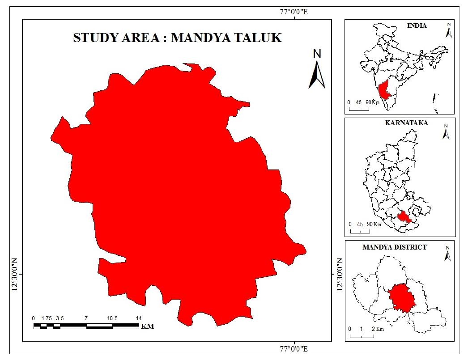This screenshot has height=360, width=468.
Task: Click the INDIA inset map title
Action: (x=417, y=25)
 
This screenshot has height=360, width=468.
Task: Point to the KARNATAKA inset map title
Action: (x=406, y=123)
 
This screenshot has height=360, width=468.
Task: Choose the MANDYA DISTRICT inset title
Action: (x=394, y=246)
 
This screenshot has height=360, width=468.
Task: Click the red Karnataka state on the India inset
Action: (x=384, y=91)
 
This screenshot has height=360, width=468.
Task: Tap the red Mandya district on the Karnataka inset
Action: (x=404, y=217)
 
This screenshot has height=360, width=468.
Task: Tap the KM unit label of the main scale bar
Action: (x=147, y=326)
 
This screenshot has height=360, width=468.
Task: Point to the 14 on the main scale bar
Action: (x=139, y=318)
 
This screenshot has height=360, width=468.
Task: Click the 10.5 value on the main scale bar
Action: (x=112, y=318)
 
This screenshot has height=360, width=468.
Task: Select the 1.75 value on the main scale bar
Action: (x=47, y=318)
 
